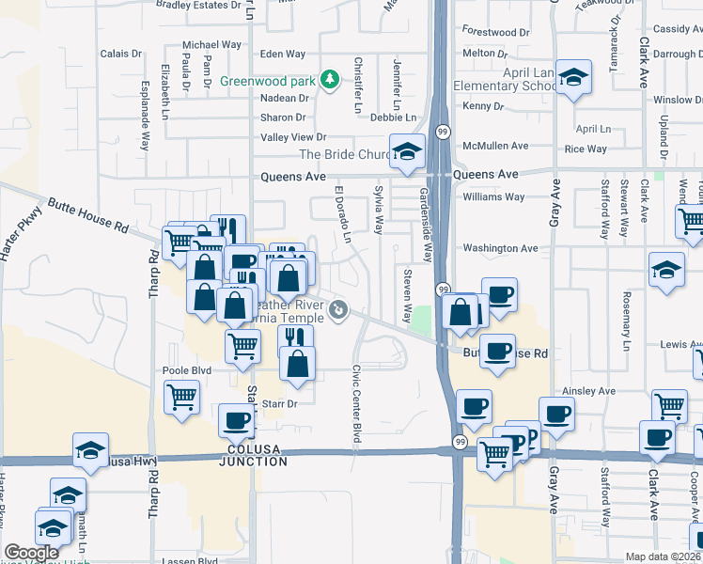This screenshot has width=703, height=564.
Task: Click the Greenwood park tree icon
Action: pos(329,80)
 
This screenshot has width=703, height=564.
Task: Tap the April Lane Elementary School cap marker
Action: pos(572,80)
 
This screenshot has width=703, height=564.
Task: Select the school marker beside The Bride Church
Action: pos(407,152)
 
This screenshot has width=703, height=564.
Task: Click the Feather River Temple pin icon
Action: pos(339,309)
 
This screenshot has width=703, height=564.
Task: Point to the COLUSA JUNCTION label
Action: pos(253,462)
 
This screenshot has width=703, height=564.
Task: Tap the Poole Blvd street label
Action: pos(187,370)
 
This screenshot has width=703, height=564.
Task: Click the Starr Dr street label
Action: pos(279,403)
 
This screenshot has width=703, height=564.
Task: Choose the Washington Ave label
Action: pos(500,248)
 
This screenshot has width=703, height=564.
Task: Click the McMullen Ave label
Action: pos(495,146)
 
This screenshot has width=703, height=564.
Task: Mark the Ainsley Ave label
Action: pos(588,391)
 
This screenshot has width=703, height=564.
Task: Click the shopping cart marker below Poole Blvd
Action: pos(181,397)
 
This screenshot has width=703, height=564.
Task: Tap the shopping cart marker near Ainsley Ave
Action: pos(669,406)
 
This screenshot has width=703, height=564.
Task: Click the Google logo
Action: pos(32,553)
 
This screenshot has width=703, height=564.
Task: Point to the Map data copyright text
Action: pos(663,556)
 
